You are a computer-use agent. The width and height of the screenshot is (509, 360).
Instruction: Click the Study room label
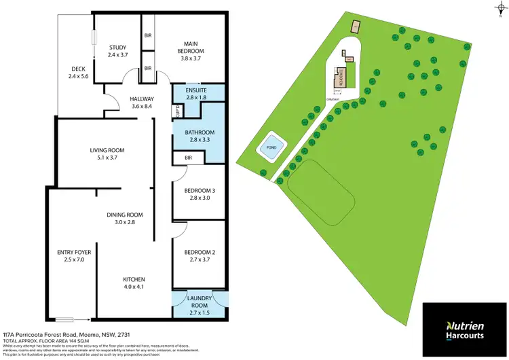[x=117, y=47]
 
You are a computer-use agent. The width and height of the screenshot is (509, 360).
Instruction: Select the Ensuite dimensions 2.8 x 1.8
[x=190, y=98]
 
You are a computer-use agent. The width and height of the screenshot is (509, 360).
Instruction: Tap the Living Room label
[x=107, y=150]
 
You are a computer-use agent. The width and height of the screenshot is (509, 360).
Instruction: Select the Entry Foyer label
[x=74, y=251]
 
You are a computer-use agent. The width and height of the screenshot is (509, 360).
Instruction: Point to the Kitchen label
[x=134, y=279]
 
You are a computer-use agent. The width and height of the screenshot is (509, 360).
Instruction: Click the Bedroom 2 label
[x=200, y=253]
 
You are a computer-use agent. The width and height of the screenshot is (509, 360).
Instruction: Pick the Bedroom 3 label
[x=200, y=190]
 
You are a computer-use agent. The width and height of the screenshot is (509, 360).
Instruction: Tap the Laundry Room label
[x=200, y=298]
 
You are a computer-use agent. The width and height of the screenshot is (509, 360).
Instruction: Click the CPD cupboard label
[x=178, y=111]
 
